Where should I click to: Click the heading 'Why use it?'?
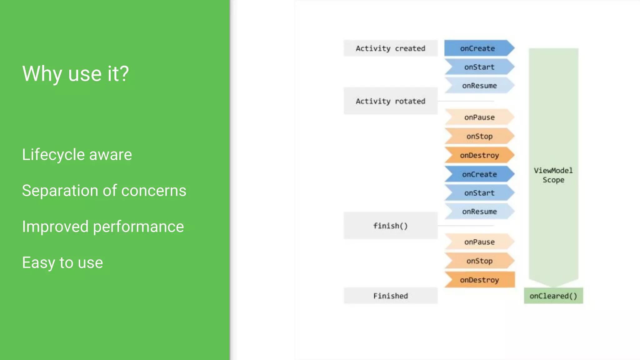point(75,74)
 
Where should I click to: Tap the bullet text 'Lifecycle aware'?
point(77,155)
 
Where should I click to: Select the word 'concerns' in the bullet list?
point(153,191)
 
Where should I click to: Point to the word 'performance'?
point(138,227)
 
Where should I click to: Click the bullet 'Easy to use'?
point(62,262)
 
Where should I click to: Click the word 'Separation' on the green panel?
point(58,191)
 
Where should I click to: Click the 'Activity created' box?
point(390,48)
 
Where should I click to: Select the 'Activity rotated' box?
point(390,101)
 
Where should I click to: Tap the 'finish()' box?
point(390,226)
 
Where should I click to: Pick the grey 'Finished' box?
point(390,296)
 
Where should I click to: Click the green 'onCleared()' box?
point(553,296)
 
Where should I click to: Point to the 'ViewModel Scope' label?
point(553,175)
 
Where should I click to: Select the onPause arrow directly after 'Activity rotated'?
point(479,117)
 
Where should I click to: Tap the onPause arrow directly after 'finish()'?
point(479,242)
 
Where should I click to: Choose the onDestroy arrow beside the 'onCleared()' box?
point(479,280)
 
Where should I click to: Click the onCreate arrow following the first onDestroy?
point(479,174)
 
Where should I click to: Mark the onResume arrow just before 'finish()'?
point(479,212)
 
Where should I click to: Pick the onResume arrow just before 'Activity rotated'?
point(479,86)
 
